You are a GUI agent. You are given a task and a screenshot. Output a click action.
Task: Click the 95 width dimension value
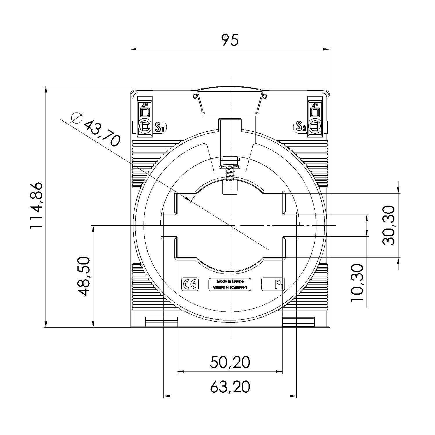(x=230, y=40)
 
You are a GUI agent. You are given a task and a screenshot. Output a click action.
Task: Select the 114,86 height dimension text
(x=37, y=206)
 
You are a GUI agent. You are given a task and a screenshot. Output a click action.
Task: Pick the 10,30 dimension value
(x=357, y=283)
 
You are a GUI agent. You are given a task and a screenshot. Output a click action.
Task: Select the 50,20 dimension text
(x=230, y=362)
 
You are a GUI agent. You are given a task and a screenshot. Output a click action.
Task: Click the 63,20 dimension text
(x=230, y=387)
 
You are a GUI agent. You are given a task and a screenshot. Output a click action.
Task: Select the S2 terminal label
(x=300, y=126)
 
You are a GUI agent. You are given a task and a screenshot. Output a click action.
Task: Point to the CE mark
(x=190, y=284)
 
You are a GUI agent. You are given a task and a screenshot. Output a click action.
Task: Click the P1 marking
(x=279, y=285)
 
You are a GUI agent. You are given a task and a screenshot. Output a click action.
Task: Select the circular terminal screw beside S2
(x=315, y=126)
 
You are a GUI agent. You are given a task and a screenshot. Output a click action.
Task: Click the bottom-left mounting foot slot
(x=161, y=321)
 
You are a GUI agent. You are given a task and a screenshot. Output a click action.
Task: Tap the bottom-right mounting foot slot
(x=298, y=321)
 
